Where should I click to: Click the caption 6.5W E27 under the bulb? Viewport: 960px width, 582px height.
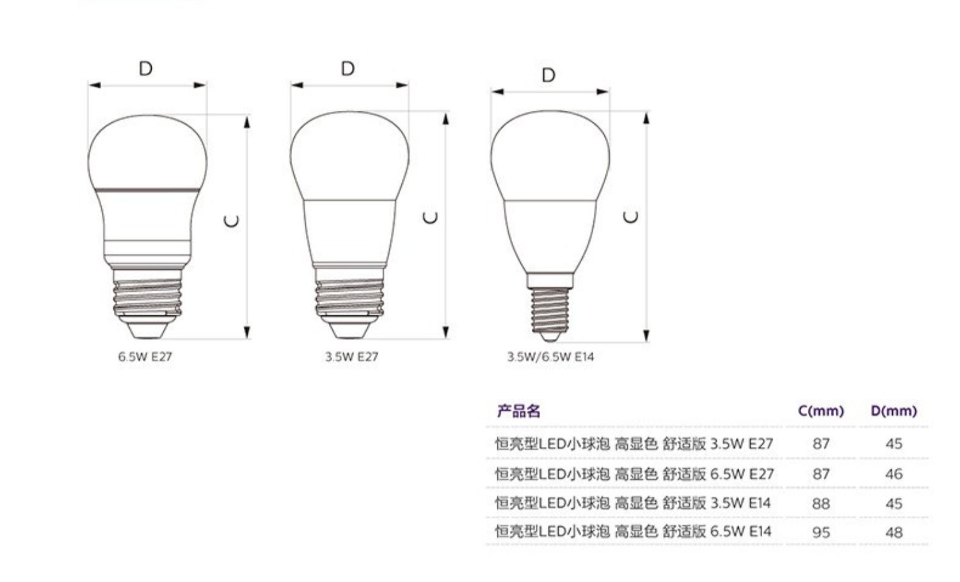145,357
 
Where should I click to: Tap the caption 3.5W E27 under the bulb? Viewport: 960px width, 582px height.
351,357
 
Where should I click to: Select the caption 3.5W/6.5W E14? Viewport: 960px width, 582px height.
550,357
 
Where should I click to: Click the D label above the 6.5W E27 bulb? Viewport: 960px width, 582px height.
146,68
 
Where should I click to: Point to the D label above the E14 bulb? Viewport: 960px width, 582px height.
548,75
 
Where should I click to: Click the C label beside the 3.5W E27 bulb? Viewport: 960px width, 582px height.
430,217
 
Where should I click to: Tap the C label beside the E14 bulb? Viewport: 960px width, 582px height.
631,217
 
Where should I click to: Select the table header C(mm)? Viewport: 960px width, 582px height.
820,411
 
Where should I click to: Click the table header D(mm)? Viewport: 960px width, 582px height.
893,411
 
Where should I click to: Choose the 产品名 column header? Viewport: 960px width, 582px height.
518,411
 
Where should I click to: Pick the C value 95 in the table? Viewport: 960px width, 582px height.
821,532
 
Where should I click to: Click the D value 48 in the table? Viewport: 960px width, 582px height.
894,532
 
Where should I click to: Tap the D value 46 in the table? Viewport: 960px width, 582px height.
894,474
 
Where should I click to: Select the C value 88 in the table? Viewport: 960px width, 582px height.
821,503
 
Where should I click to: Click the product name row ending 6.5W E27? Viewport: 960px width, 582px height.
634,474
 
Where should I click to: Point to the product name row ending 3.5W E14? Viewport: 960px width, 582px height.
632,503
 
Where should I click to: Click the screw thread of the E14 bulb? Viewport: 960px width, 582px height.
550,310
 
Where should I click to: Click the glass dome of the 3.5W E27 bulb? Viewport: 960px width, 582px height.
349,156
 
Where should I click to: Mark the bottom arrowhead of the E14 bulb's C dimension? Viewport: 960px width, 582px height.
646,336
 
